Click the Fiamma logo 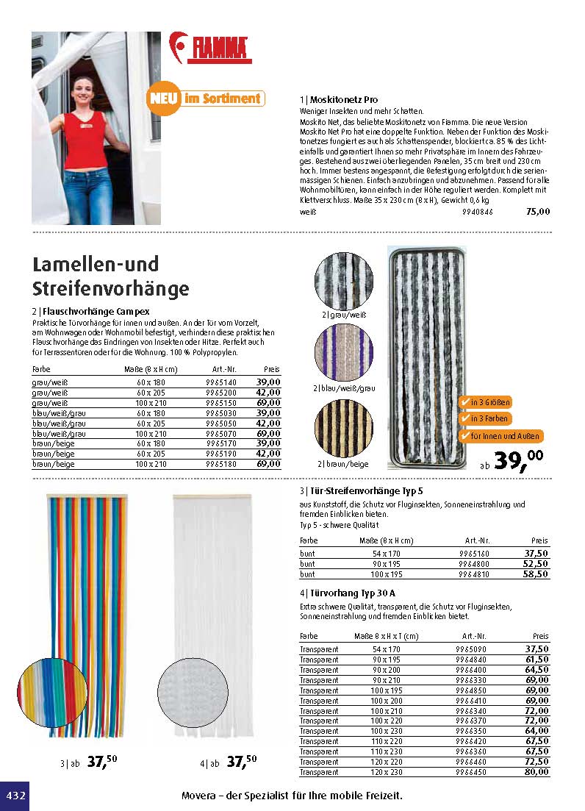click(x=210, y=47)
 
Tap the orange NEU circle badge click(x=162, y=98)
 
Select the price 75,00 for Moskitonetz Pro click(x=537, y=212)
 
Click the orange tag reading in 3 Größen click(x=485, y=403)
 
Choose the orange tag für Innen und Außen click(x=500, y=436)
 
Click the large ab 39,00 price click(x=514, y=460)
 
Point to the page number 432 click(x=15, y=796)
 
